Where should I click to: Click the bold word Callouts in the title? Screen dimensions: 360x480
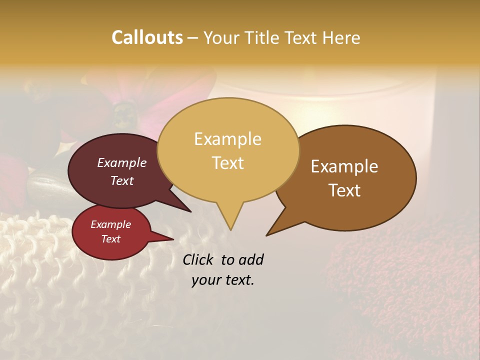click(x=147, y=37)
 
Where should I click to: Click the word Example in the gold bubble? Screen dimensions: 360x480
click(x=227, y=139)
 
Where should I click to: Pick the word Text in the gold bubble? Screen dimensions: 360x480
click(x=228, y=163)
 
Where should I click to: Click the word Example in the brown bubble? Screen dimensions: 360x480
click(x=344, y=166)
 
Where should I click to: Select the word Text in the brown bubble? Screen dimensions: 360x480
click(x=345, y=190)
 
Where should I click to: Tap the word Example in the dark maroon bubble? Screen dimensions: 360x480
click(x=122, y=162)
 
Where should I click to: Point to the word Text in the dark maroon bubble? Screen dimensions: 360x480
click(x=122, y=180)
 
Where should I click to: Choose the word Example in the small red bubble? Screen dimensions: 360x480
click(x=110, y=224)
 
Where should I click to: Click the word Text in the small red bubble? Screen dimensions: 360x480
click(x=110, y=239)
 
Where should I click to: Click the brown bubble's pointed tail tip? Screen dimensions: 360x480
click(x=266, y=235)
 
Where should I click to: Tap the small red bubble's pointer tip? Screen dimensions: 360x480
click(x=173, y=239)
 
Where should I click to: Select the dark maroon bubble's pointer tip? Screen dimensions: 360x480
click(x=190, y=211)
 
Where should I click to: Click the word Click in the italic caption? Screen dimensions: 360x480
click(x=199, y=259)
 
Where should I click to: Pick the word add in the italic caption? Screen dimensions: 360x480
click(x=250, y=259)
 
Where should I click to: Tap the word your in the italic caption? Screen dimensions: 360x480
click(x=205, y=280)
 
